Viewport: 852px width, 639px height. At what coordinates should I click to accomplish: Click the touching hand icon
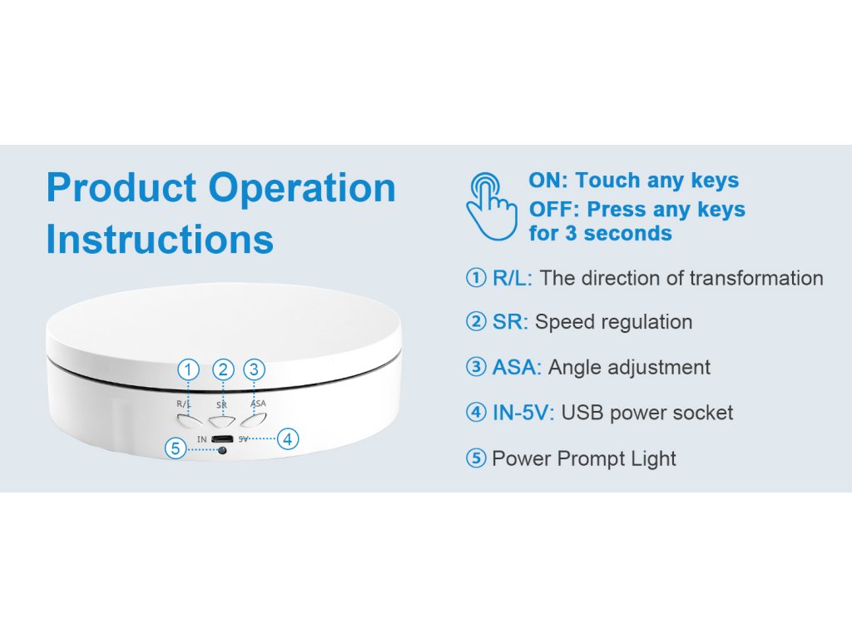(x=491, y=206)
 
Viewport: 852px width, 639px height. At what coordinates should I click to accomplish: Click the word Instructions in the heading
(x=160, y=239)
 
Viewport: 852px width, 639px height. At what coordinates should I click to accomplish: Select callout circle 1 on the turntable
(x=191, y=369)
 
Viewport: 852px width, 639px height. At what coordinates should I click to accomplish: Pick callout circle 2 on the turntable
(x=223, y=369)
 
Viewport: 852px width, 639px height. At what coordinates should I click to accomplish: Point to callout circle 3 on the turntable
(x=255, y=369)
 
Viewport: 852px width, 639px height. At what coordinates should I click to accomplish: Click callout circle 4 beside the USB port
(x=287, y=438)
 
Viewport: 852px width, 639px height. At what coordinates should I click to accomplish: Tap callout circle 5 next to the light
(x=175, y=448)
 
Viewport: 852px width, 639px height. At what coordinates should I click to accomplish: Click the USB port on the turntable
(x=222, y=438)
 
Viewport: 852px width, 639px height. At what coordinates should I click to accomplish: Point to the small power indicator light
(x=221, y=450)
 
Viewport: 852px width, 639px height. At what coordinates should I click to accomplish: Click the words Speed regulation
(x=613, y=322)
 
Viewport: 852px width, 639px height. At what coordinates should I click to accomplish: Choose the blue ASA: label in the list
(x=517, y=367)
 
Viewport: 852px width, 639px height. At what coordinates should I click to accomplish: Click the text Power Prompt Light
(x=584, y=458)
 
